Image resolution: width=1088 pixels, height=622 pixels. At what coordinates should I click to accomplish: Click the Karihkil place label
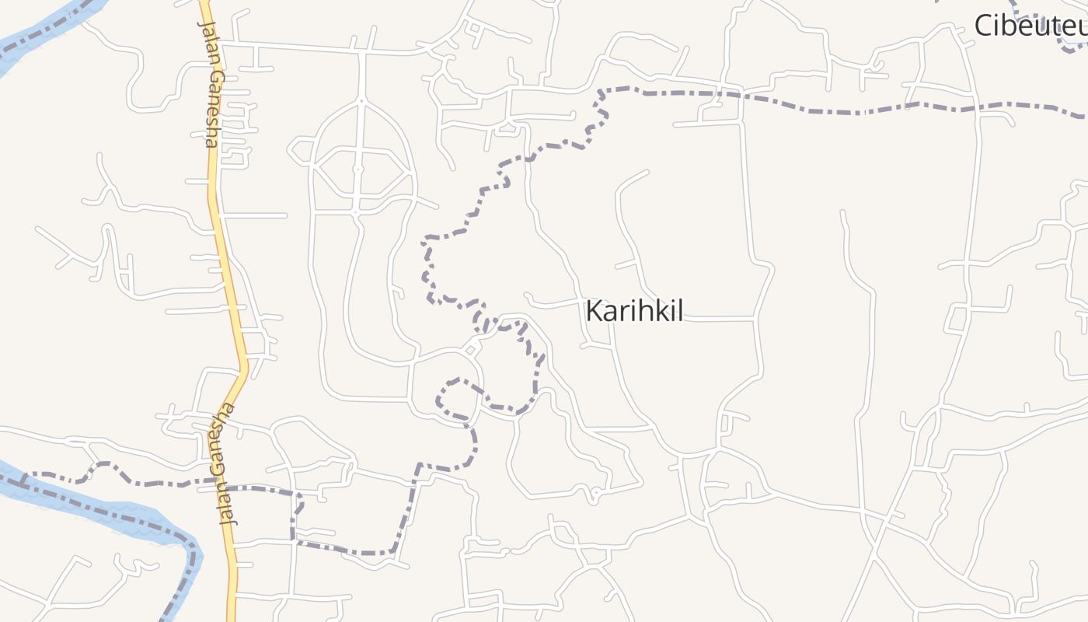pos(633,311)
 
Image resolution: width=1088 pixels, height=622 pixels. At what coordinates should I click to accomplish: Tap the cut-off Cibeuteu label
pos(1030,26)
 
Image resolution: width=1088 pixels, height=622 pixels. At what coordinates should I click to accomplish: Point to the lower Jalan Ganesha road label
pos(221,465)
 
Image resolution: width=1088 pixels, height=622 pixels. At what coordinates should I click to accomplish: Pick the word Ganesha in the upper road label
pos(213,104)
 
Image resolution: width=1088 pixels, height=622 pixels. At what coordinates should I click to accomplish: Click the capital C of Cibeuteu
pos(984,26)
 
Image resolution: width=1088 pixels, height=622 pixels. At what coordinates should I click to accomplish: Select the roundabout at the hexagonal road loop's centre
pos(358,169)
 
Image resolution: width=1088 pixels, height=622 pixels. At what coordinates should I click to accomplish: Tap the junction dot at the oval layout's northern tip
pos(361,100)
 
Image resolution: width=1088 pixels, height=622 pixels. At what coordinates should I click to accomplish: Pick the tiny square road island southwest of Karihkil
pos(469,351)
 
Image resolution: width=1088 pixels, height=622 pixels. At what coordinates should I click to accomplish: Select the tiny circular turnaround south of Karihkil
pos(596,492)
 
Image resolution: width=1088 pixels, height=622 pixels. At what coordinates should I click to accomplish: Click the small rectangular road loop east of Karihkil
pos(956,319)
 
